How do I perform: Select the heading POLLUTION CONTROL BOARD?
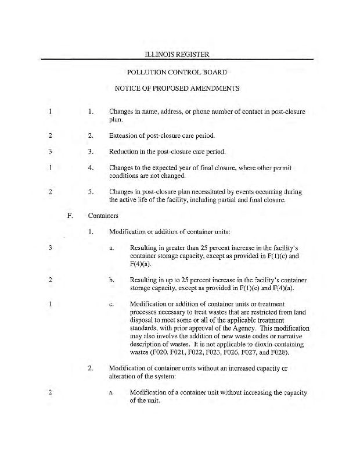pyautogui.click(x=177, y=73)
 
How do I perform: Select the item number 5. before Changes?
pyautogui.click(x=91, y=190)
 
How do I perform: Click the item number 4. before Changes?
pyautogui.click(x=91, y=168)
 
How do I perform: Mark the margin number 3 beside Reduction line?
pyautogui.click(x=51, y=152)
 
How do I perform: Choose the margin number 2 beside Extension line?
pyautogui.click(x=51, y=136)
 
